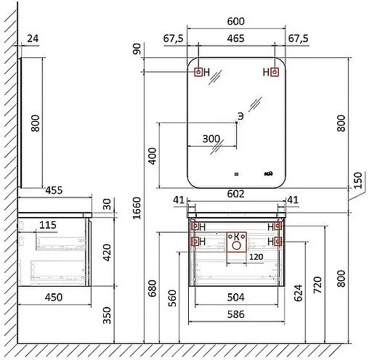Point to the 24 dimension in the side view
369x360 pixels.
[x=31, y=38]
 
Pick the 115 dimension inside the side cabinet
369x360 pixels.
[x=48, y=226]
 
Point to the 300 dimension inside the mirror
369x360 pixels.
[x=211, y=139]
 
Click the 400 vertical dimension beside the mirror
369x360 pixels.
[x=153, y=155]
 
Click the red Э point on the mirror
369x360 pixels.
[x=237, y=123]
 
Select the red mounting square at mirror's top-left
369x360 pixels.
[x=198, y=72]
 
